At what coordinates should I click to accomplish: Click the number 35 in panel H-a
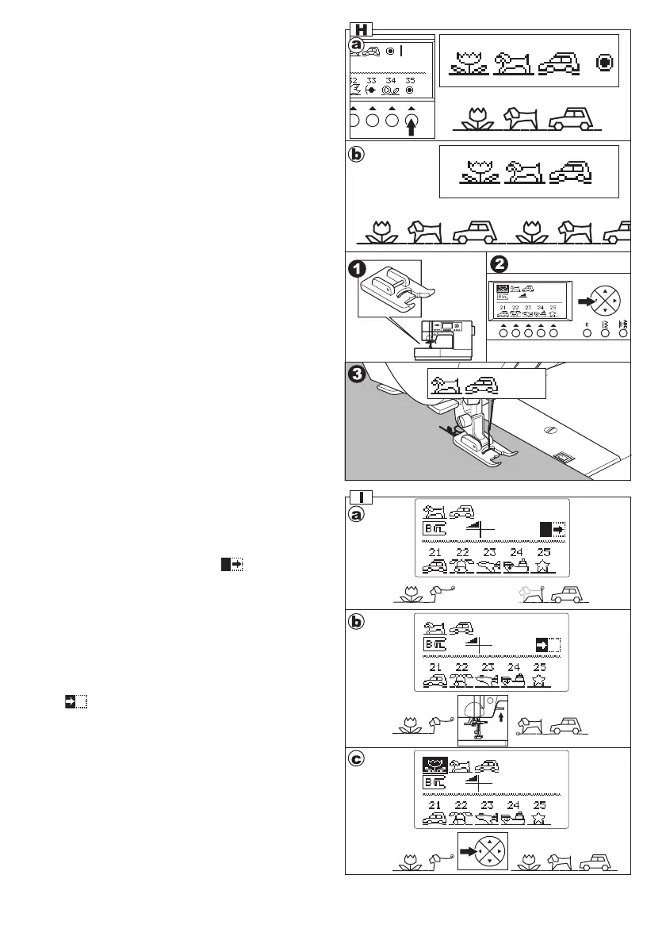(x=410, y=80)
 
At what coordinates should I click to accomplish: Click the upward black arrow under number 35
(x=411, y=127)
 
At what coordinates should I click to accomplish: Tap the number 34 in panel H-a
(x=391, y=80)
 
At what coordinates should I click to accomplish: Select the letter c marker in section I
(x=358, y=760)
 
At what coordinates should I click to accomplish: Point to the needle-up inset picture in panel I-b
(x=484, y=720)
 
